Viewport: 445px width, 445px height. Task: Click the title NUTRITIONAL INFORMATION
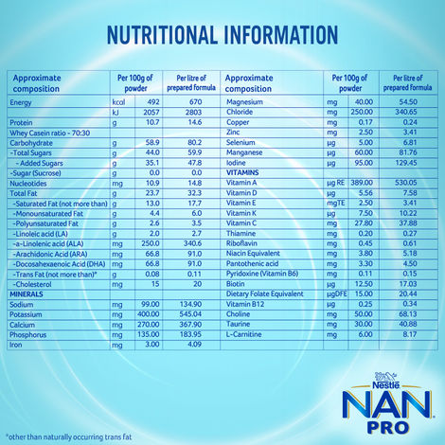pyautogui.click(x=222, y=35)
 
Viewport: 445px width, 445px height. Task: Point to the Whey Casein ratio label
pyautogui.click(x=44, y=133)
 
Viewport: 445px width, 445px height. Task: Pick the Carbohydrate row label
pyautogui.click(x=35, y=142)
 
